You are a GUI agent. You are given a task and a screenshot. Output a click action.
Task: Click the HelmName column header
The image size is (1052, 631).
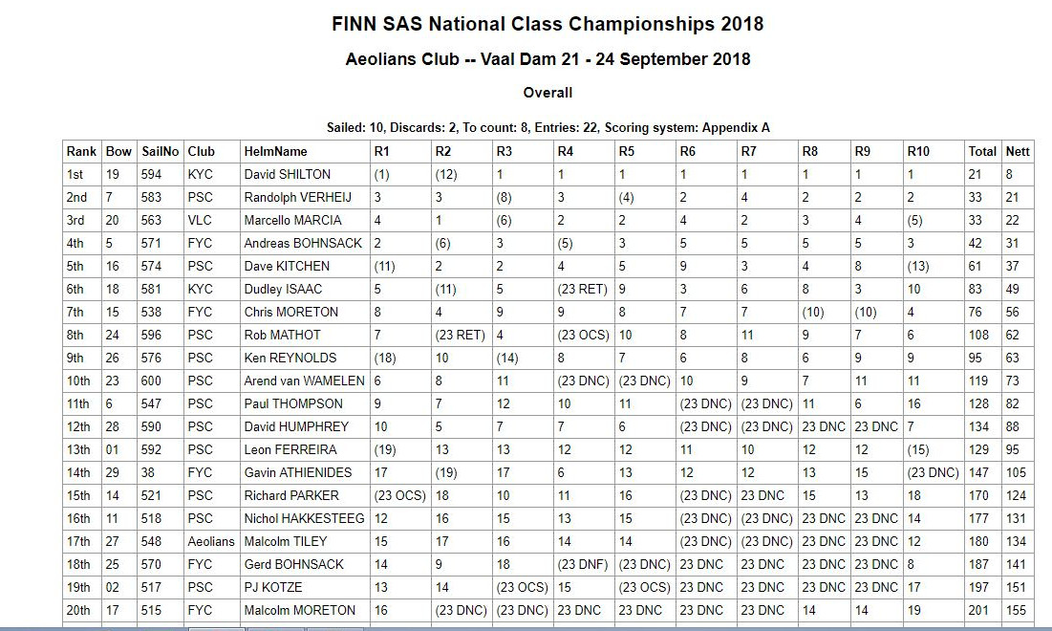(x=275, y=151)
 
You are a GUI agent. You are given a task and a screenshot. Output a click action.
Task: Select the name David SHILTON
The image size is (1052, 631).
(x=287, y=174)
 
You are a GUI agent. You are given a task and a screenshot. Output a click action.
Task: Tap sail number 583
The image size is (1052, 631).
(x=152, y=197)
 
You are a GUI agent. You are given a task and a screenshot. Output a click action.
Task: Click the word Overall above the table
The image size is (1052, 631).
(x=547, y=93)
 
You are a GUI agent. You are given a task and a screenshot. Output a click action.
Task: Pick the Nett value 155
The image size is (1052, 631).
(x=1016, y=610)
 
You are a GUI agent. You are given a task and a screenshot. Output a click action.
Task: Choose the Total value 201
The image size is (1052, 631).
(x=979, y=610)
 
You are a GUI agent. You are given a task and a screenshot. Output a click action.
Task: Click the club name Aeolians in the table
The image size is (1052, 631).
(x=210, y=541)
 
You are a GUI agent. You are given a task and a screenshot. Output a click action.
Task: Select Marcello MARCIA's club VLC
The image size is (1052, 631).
(x=201, y=220)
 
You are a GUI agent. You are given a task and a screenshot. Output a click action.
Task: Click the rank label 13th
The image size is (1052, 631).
(x=79, y=449)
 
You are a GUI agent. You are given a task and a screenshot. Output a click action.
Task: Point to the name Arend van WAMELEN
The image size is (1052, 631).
(x=304, y=381)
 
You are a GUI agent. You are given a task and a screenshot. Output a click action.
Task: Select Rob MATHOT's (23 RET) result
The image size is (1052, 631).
(x=461, y=335)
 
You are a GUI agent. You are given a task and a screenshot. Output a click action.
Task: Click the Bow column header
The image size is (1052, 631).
(x=118, y=151)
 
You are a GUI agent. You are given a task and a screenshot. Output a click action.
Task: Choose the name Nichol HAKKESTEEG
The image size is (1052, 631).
(x=304, y=518)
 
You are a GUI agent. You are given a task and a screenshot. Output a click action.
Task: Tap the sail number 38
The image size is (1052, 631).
(x=148, y=472)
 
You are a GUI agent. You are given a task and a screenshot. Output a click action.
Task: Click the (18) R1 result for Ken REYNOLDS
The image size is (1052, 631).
(x=383, y=358)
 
